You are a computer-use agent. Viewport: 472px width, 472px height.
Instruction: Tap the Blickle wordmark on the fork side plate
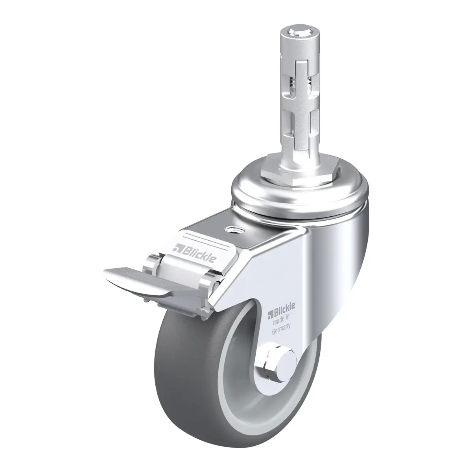pyautogui.click(x=281, y=308)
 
